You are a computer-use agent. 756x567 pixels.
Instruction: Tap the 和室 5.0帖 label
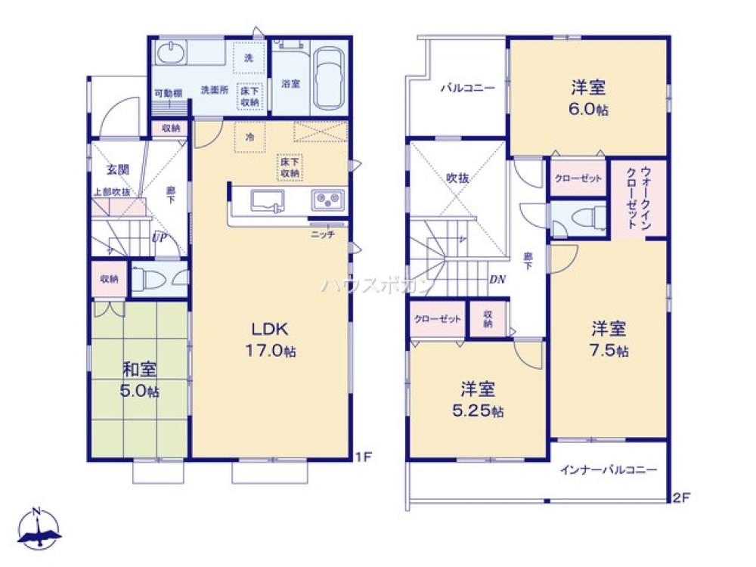141,380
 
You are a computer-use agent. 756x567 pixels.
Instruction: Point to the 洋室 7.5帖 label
609,339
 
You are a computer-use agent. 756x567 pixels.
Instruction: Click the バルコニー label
468,88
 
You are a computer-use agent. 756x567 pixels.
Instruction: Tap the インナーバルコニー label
609,469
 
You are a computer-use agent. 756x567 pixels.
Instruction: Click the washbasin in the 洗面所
169,54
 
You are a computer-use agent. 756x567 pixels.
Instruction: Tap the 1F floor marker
364,457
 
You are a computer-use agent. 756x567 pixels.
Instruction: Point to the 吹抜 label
457,178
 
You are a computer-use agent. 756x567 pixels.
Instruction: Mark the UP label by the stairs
159,237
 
